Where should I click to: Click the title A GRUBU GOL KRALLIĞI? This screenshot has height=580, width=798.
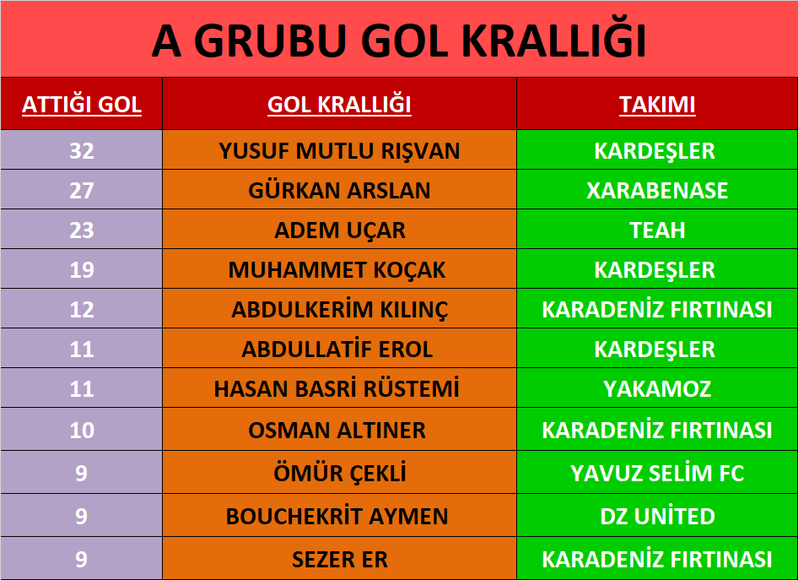pos(399,40)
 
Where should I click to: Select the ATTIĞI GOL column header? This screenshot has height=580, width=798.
pos(82,105)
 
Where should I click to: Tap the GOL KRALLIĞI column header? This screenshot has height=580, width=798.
pos(339,105)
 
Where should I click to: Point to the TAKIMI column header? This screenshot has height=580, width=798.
pos(657,105)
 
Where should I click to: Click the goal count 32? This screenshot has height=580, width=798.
pos(82,151)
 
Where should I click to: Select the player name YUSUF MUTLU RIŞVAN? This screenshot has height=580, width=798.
pos(339,151)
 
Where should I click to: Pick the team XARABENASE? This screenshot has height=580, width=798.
pos(657,191)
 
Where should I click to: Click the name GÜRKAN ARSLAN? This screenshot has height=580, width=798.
pos(339,190)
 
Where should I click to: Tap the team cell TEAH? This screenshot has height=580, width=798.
pos(657,230)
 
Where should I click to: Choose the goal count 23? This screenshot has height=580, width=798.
pos(82,230)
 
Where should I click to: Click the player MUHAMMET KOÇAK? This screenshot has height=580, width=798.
pos(337,270)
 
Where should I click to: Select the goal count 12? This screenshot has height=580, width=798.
pos(82,310)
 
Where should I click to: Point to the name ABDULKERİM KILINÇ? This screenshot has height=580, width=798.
pos(339,309)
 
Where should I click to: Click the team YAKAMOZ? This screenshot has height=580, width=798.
pos(657,389)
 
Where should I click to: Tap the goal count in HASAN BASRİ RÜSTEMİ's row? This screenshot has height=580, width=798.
pos(82,389)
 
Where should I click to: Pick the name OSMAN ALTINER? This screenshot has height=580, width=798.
pos(337,431)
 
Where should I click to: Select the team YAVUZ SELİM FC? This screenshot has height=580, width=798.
pos(657,473)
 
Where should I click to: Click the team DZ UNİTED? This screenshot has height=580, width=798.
pos(657,516)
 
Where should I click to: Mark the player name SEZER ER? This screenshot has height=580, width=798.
pos(339,559)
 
